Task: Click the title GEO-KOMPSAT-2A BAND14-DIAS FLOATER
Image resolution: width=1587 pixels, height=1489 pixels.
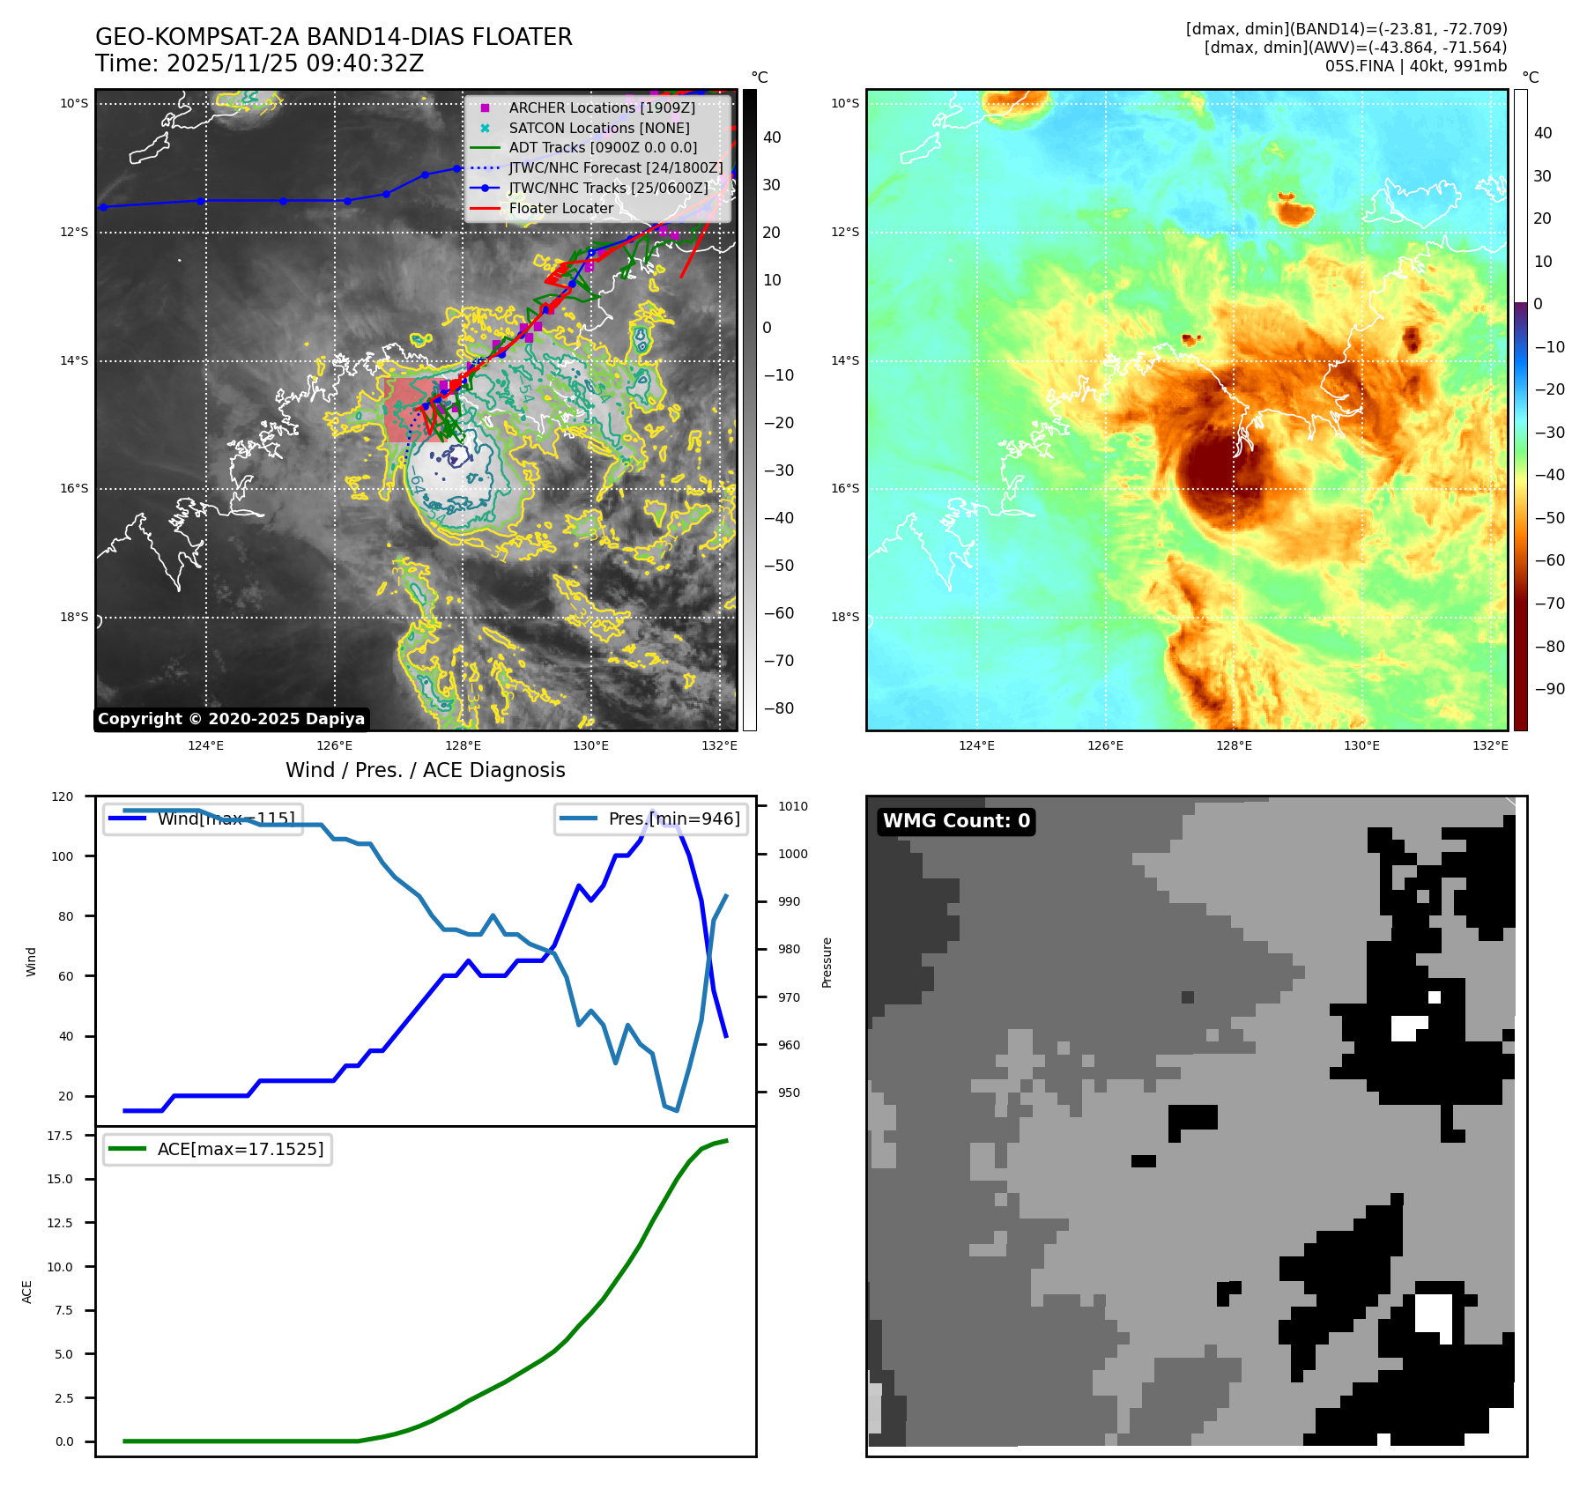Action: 333,37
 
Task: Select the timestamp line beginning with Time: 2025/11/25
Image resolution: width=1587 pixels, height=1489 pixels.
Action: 259,63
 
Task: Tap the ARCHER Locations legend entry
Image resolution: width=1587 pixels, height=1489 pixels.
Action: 601,107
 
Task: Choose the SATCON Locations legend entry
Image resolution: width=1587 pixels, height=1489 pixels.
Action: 598,128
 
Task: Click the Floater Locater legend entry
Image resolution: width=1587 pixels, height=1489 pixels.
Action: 560,208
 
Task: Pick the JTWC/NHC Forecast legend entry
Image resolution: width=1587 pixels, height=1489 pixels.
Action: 615,167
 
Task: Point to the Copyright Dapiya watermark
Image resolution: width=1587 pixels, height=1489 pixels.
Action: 231,719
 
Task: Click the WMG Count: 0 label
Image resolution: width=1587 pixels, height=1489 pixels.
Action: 956,821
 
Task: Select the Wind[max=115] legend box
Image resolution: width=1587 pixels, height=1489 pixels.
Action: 203,819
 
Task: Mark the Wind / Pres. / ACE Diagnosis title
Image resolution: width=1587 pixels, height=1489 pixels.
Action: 425,770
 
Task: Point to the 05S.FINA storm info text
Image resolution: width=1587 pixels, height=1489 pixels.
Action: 1415,66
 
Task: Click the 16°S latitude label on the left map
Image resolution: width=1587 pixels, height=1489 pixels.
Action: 74,488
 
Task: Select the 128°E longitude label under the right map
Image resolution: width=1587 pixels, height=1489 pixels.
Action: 1233,745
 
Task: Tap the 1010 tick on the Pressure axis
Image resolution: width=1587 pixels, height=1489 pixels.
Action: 792,806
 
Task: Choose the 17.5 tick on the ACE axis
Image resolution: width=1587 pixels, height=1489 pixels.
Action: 60,1136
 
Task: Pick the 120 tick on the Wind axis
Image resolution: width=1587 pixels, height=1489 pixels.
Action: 63,796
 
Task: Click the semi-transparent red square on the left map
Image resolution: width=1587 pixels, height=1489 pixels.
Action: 409,411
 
